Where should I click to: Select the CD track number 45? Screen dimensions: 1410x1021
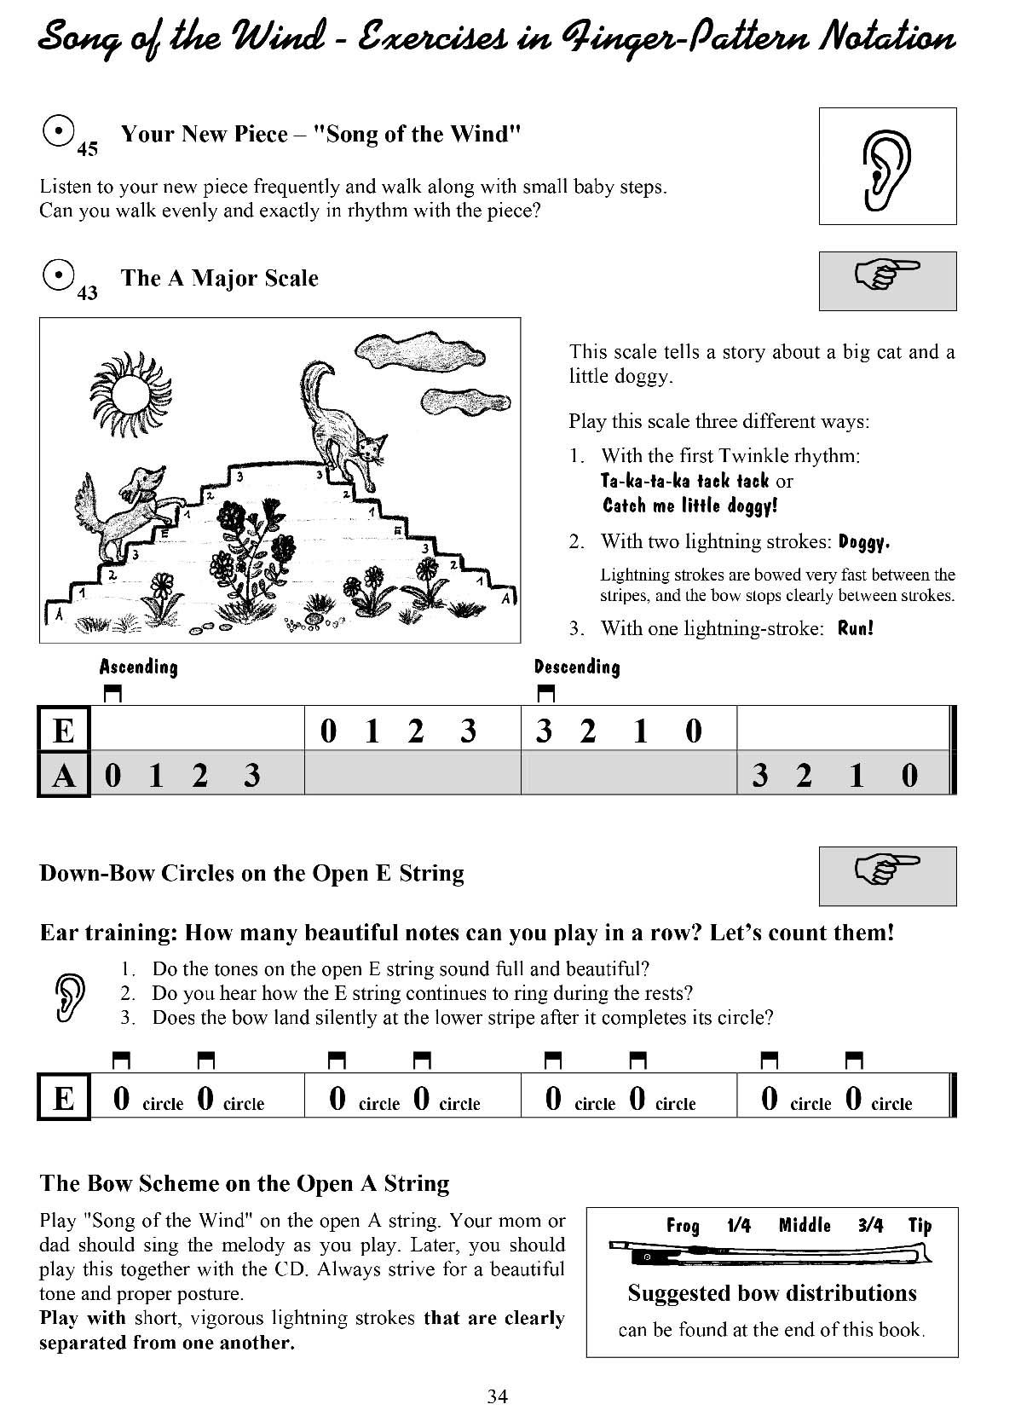coord(87,150)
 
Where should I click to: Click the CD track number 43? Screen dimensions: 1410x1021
coord(87,294)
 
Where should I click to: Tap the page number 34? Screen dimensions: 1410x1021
coord(498,1396)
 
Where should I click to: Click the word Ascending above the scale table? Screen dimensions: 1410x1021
coord(139,667)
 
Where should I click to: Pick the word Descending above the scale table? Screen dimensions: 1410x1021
coord(577,667)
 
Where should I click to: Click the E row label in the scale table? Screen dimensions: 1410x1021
coord(64,731)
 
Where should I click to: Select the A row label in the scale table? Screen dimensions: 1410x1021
coord(64,775)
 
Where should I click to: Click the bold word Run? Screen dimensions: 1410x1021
coord(856,629)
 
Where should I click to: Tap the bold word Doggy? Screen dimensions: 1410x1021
coord(864,542)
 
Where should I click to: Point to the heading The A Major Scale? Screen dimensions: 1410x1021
coord(220,278)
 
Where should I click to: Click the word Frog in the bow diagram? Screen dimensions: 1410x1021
coord(683,1226)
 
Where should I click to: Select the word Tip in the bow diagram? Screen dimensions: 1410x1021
coord(920,1226)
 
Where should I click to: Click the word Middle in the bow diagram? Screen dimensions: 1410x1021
coord(805,1226)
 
